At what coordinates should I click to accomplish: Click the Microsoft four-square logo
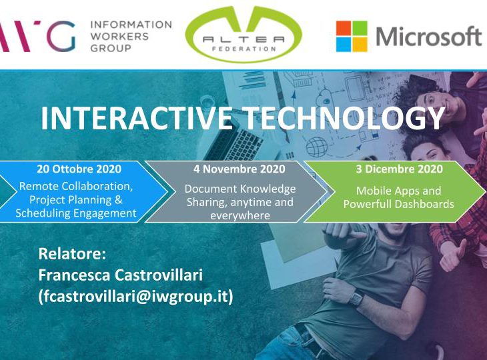click(x=352, y=36)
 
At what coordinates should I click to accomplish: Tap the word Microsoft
click(x=429, y=37)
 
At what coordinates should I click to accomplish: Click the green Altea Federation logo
click(x=243, y=34)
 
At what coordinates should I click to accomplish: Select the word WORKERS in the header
click(x=119, y=36)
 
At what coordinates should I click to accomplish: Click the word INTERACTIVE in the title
click(x=137, y=118)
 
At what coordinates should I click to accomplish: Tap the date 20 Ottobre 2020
click(x=79, y=169)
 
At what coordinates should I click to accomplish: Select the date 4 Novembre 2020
click(x=239, y=169)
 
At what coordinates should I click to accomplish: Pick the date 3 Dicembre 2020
click(x=399, y=169)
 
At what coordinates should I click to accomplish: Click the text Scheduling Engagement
click(x=76, y=213)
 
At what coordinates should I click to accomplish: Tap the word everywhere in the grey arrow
click(x=240, y=216)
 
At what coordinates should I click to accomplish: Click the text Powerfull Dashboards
click(x=399, y=204)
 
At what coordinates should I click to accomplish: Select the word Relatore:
click(x=72, y=253)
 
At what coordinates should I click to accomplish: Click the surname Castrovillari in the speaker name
click(x=159, y=275)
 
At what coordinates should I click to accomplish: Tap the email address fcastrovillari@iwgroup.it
click(x=135, y=297)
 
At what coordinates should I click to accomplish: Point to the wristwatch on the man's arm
click(x=356, y=298)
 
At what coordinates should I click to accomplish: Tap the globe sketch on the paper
click(x=317, y=147)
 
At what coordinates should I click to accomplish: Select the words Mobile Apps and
click(x=398, y=191)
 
